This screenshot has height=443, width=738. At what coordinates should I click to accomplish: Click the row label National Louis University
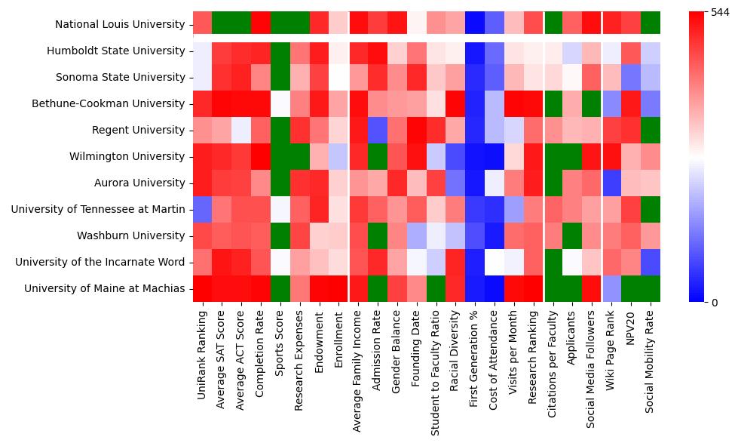point(120,25)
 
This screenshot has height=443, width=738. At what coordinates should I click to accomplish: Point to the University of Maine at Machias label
point(104,289)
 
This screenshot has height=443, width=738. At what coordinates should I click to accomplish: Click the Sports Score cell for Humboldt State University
point(280,51)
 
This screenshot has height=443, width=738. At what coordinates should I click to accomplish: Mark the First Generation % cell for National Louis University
point(474,25)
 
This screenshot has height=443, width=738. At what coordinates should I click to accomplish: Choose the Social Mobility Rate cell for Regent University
point(650,131)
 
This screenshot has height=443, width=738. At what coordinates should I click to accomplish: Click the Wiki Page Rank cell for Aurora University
point(611,183)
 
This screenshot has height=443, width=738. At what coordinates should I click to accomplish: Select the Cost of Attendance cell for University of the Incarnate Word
point(494,263)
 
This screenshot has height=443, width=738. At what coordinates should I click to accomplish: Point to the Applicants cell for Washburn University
point(572,236)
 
